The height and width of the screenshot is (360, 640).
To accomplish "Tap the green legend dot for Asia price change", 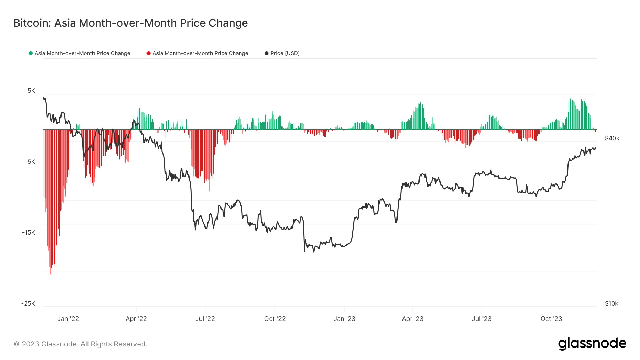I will (x=31, y=53).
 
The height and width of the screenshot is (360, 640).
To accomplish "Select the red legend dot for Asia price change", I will (x=149, y=53).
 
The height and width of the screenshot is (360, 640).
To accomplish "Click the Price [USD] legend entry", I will (x=284, y=53).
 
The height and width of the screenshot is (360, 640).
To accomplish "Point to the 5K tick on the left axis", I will (x=31, y=91).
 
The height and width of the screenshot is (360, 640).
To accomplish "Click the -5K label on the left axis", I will (x=30, y=162).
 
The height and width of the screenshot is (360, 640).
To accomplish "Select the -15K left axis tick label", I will (x=28, y=232).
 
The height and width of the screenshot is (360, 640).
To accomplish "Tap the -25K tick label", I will (x=28, y=303).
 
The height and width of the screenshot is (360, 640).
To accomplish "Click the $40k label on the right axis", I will (x=612, y=138).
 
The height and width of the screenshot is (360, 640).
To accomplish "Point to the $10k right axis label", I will (x=612, y=303).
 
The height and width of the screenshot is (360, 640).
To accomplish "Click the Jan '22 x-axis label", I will (x=68, y=319).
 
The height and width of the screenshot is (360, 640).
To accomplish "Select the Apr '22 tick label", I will (x=136, y=319).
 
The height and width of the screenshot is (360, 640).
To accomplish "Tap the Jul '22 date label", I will (x=205, y=319).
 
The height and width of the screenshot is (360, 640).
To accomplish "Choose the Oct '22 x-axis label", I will (x=275, y=319).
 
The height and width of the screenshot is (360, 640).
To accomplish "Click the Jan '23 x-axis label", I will (x=344, y=319).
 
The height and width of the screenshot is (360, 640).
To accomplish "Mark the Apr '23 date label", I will (x=412, y=319).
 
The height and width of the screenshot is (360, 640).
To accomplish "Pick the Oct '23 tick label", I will (x=551, y=319).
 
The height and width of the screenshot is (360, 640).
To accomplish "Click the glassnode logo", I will (x=592, y=344).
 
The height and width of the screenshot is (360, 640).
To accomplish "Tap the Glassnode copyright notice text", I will (x=80, y=344).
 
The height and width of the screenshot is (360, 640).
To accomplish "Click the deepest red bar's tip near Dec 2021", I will (x=51, y=274).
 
